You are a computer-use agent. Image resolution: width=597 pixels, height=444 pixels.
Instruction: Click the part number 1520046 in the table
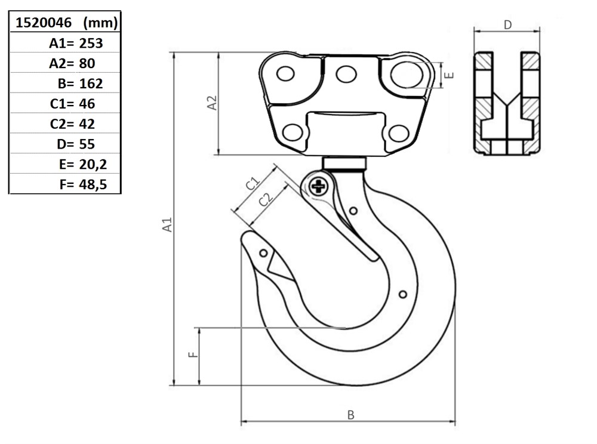[x=44, y=23]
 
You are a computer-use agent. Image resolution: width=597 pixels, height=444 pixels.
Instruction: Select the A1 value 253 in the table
[x=91, y=44]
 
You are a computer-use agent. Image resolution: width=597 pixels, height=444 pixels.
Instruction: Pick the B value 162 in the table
[x=91, y=84]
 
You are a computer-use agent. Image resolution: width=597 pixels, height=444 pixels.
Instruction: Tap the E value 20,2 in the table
[x=93, y=164]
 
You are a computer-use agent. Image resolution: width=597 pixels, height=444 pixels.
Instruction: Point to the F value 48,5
[x=93, y=184]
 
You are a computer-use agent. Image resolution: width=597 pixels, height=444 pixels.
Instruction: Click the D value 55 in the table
[x=87, y=144]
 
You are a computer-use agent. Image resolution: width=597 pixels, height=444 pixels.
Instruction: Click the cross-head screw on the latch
[x=319, y=186]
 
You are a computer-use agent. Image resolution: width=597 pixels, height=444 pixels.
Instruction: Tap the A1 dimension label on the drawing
[x=167, y=224]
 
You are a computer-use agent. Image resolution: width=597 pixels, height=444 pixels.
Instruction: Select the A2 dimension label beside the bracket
[x=212, y=103]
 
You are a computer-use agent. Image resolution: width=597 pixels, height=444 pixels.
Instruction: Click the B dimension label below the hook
[x=350, y=415]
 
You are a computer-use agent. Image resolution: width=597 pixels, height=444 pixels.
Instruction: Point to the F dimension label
[x=193, y=354]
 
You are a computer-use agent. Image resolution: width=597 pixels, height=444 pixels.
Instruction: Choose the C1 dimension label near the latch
[x=252, y=183]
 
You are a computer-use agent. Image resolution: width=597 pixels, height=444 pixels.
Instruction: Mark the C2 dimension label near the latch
[x=266, y=199]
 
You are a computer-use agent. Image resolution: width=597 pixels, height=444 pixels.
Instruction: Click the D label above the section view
[x=507, y=25]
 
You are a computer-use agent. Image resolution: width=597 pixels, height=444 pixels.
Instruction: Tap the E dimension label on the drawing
[x=450, y=75]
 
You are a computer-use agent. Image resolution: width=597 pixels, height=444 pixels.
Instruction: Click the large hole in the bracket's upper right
[x=407, y=75]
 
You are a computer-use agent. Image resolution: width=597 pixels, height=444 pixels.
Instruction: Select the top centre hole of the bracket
[x=346, y=74]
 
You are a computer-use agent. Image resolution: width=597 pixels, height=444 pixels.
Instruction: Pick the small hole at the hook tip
[x=263, y=253]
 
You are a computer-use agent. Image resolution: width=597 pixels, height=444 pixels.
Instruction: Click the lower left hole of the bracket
[x=293, y=132]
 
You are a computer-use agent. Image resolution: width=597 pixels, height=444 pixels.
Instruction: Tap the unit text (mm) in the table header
[x=100, y=23]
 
